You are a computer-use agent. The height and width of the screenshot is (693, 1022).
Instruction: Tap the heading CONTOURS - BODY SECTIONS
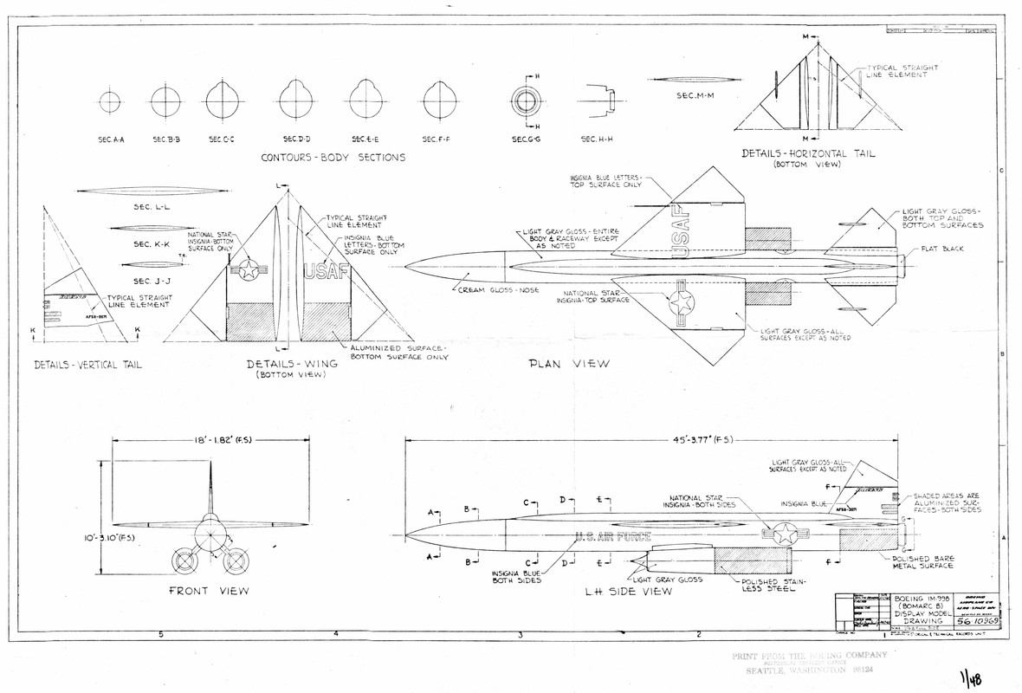tap(333, 159)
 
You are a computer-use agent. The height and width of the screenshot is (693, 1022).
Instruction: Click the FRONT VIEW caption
tap(209, 592)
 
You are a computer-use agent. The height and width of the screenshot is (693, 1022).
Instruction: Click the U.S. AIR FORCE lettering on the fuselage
tap(612, 536)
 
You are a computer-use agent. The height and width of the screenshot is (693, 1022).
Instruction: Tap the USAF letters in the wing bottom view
tap(327, 271)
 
